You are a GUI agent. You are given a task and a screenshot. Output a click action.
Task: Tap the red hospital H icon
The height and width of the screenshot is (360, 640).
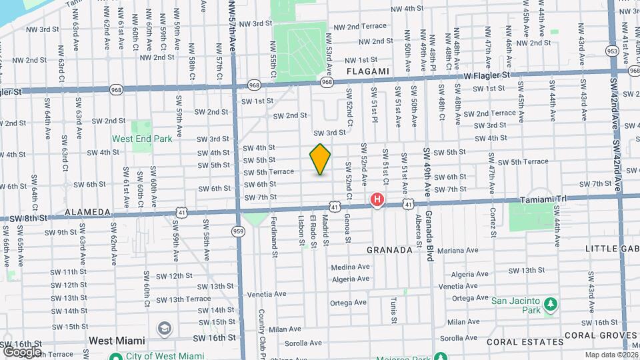(x=377, y=199)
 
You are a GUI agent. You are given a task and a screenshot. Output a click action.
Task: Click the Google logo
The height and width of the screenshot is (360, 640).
(x=22, y=351)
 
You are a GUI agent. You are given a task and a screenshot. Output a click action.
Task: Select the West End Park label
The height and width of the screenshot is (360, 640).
(x=142, y=139)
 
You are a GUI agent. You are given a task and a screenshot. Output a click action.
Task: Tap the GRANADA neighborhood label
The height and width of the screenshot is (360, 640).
(x=390, y=250)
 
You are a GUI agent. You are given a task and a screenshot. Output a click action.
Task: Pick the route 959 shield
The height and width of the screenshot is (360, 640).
(x=239, y=231)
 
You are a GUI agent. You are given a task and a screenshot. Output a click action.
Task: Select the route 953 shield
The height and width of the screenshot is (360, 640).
(x=612, y=51)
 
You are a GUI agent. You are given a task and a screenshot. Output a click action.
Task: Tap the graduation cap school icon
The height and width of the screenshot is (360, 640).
(x=164, y=329)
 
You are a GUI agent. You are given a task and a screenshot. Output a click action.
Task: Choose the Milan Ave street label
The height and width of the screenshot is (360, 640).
(x=285, y=329)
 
